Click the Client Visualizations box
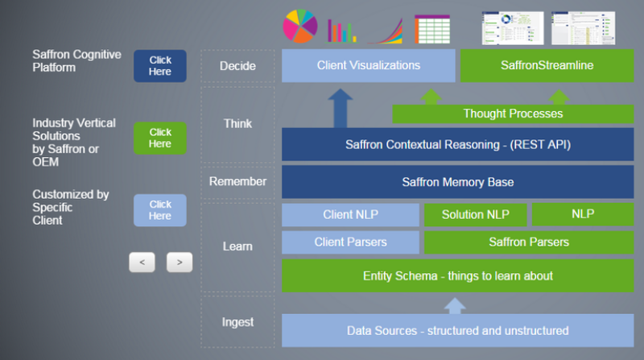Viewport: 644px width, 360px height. pos(368,66)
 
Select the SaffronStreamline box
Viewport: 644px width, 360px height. pos(547,66)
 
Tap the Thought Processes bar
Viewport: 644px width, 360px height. pos(513,114)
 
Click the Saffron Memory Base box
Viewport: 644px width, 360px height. pos(457,182)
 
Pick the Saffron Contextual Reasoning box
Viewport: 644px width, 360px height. pos(457,145)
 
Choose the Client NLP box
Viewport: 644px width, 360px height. pos(350,215)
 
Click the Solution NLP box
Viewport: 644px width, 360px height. pos(475,215)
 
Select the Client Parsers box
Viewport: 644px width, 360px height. pos(350,242)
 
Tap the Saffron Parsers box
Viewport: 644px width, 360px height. pos(529,242)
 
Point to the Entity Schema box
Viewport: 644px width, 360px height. pos(457,276)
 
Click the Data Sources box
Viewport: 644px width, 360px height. pos(457,330)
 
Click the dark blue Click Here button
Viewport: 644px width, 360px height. pos(159,66)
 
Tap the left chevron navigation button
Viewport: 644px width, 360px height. pos(142,263)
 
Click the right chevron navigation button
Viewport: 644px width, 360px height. pos(180,263)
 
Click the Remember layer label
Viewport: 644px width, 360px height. pos(237,182)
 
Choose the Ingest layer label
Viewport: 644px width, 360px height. pos(237,323)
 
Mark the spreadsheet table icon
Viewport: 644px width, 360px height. pos(432,29)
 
